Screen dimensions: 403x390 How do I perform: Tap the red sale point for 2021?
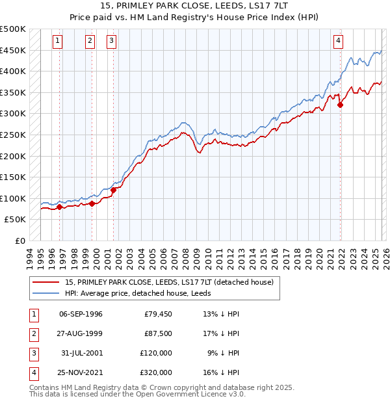(340, 104)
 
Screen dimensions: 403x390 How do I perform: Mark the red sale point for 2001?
(113, 190)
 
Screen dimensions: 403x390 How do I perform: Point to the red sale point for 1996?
(59, 207)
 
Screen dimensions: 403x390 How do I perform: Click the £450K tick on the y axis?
(13, 50)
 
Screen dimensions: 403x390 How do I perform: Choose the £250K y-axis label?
(13, 135)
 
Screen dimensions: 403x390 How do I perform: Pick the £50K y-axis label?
(16, 220)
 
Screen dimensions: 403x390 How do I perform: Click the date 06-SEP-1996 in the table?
(81, 314)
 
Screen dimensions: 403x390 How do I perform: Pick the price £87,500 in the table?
(158, 333)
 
